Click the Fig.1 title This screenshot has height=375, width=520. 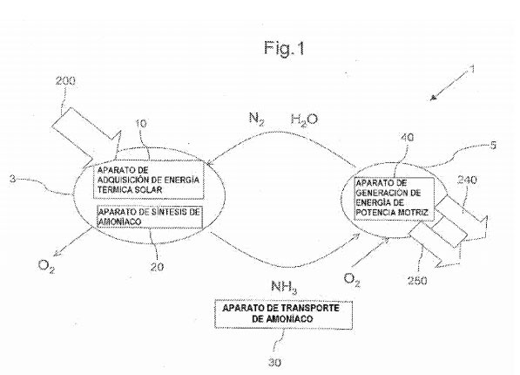[x=284, y=48]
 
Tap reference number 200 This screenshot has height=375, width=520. [x=65, y=81]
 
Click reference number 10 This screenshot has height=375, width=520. [x=141, y=124]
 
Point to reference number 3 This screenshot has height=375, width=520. [x=12, y=179]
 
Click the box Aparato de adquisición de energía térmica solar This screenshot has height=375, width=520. [x=149, y=180]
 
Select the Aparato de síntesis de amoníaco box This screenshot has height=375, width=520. [x=150, y=217]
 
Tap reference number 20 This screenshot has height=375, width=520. [x=157, y=267]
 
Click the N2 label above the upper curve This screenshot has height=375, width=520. [x=257, y=119]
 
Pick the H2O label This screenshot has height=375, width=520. [x=304, y=119]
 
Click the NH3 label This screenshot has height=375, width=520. [x=284, y=287]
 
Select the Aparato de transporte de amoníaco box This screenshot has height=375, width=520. [x=284, y=315]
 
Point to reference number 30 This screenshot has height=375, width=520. [x=274, y=363]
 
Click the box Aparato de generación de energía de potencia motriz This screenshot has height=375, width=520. [x=394, y=198]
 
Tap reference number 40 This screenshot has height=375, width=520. [x=407, y=137]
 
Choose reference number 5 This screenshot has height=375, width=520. [x=493, y=146]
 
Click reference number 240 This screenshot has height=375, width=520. [x=467, y=180]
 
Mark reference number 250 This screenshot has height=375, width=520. [x=417, y=281]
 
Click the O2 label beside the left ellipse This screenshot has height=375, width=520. [x=46, y=266]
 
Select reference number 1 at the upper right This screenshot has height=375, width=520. [x=473, y=70]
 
